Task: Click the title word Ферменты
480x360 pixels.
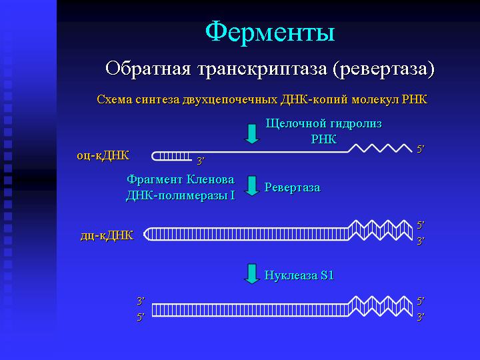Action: [270, 32]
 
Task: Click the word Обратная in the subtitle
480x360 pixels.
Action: [148, 68]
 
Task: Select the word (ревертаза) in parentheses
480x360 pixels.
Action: [383, 69]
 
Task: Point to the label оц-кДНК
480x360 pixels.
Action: [103, 156]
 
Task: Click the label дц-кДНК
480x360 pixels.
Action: [107, 236]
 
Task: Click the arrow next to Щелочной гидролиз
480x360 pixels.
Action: [252, 134]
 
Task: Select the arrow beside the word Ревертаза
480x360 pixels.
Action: [252, 186]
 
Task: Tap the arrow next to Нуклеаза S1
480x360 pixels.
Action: [252, 274]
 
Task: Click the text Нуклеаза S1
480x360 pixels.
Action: [299, 275]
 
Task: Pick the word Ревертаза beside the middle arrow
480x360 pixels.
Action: [293, 187]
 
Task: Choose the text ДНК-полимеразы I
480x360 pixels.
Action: [181, 195]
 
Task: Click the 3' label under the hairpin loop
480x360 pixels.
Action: [201, 161]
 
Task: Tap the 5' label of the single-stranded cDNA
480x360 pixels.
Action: [421, 149]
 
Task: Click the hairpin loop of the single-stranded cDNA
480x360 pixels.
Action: [153, 157]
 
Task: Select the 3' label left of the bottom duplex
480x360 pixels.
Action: [141, 301]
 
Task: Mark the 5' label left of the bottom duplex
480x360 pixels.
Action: [141, 317]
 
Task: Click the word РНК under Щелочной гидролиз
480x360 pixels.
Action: [324, 139]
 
